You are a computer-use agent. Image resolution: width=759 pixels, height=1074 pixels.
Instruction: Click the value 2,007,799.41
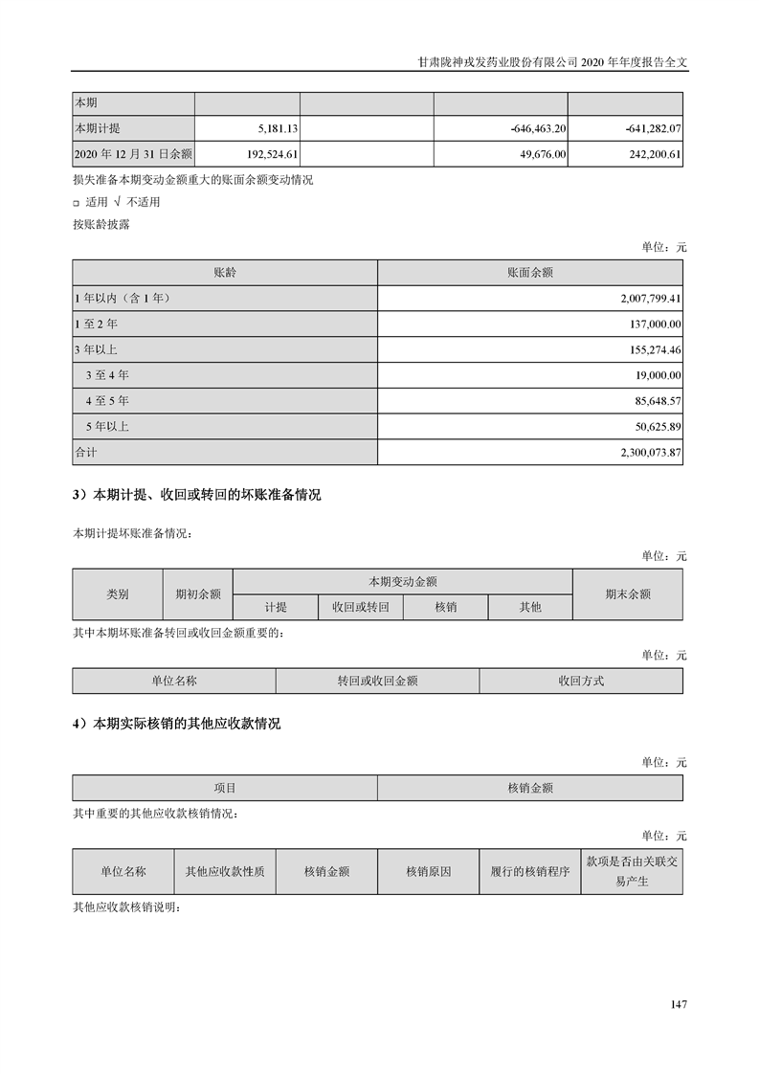click(x=648, y=299)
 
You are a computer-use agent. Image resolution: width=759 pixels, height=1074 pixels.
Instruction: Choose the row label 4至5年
click(x=107, y=400)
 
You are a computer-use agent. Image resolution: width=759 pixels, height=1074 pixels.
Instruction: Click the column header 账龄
click(x=225, y=273)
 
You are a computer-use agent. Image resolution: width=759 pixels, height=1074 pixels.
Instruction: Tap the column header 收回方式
click(x=581, y=681)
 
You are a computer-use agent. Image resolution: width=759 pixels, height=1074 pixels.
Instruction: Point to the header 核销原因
click(x=428, y=872)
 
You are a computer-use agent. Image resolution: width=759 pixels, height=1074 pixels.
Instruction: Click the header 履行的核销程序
click(x=529, y=872)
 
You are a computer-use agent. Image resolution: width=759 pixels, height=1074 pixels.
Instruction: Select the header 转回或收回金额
click(x=377, y=681)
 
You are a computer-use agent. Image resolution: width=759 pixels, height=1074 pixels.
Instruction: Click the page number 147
click(x=679, y=1004)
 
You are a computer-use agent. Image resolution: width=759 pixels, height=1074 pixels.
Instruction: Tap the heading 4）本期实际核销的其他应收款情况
click(x=177, y=725)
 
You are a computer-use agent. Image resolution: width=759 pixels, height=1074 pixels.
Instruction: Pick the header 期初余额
click(x=197, y=593)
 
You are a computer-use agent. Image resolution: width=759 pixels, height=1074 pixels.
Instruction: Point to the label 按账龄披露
click(x=101, y=225)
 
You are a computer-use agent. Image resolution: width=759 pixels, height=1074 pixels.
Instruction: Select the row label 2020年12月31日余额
click(x=133, y=153)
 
